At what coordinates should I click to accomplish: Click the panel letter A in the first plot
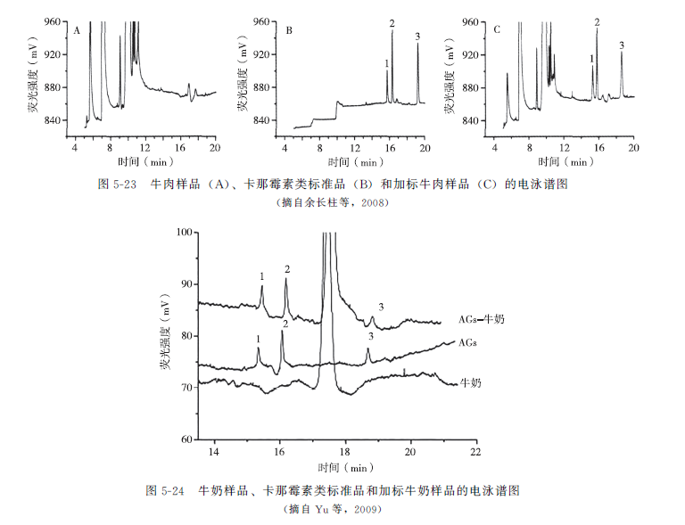pyautogui.click(x=78, y=30)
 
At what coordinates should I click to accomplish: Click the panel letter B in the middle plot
pyautogui.click(x=289, y=30)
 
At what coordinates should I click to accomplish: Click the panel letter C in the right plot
pyautogui.click(x=497, y=30)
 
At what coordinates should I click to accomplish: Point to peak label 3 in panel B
pyautogui.click(x=417, y=36)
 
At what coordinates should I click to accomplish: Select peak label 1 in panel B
pyautogui.click(x=386, y=63)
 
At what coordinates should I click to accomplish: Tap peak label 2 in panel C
pyautogui.click(x=597, y=21)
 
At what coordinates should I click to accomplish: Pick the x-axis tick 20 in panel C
pyautogui.click(x=633, y=146)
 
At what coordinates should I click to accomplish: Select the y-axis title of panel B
pyautogui.click(x=242, y=80)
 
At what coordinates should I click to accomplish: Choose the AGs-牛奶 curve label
pyautogui.click(x=476, y=318)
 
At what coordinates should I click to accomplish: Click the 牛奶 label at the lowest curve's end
pyautogui.click(x=471, y=382)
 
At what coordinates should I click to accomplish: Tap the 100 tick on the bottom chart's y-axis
pyautogui.click(x=186, y=233)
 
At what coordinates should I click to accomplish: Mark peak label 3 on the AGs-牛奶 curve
pyautogui.click(x=381, y=307)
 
